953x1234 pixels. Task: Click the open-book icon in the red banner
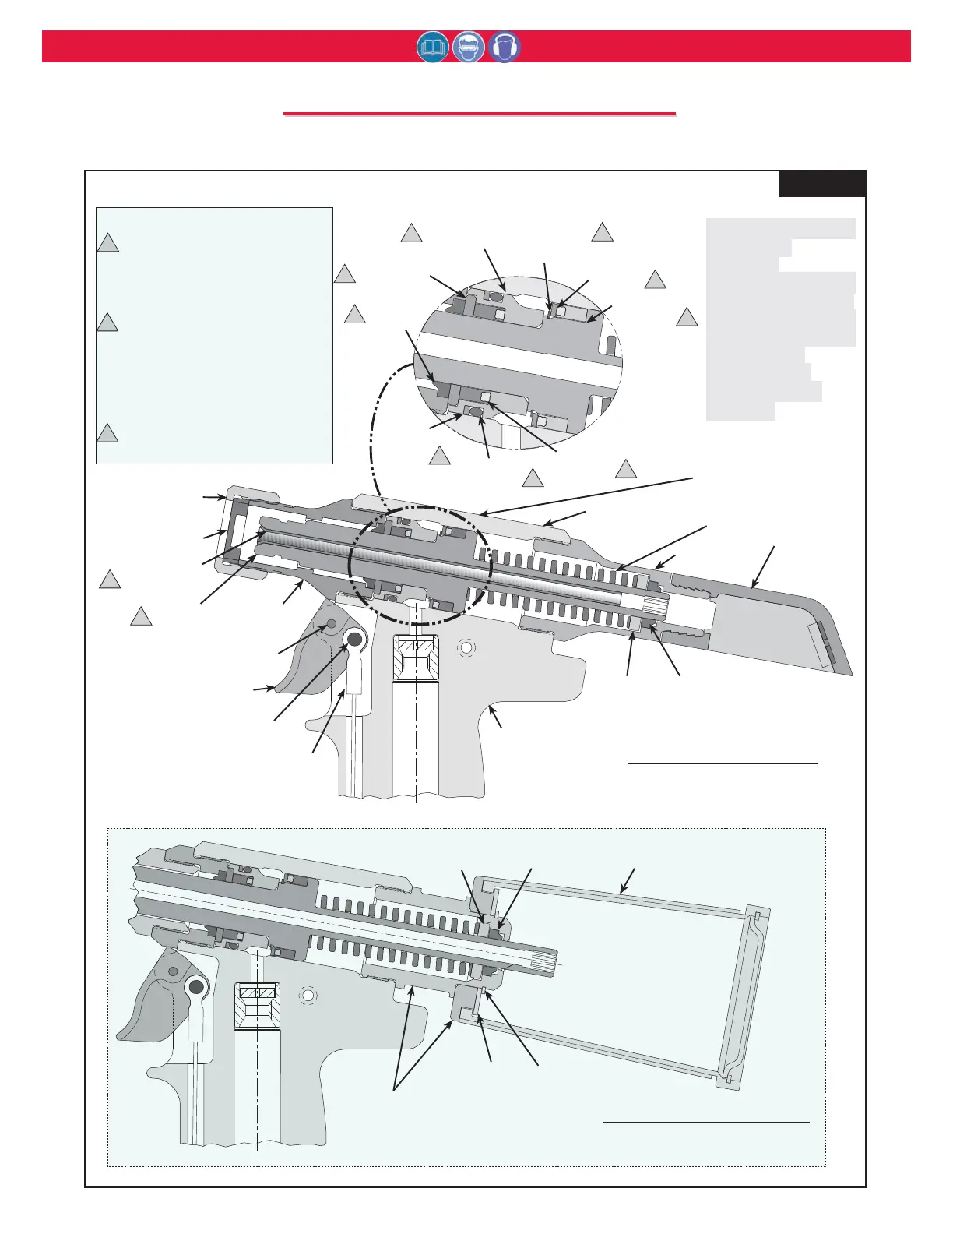(x=433, y=48)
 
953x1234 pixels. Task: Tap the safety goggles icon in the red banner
(x=469, y=48)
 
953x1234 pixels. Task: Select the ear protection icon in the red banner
(x=505, y=48)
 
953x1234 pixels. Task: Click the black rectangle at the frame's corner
(x=822, y=184)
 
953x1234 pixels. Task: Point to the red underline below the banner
(x=480, y=115)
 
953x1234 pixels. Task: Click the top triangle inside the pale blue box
(x=108, y=243)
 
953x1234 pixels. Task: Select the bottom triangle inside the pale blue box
(x=108, y=433)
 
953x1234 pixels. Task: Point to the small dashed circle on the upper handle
(x=466, y=647)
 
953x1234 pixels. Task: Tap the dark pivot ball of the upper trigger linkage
(x=354, y=640)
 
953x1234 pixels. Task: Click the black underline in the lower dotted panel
(x=707, y=1123)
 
